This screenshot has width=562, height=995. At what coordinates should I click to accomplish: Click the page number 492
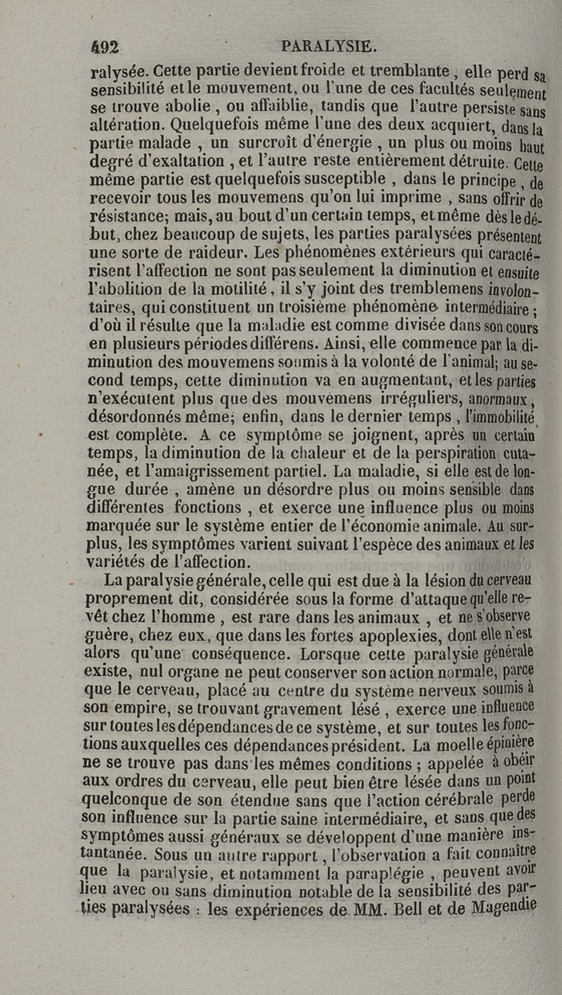click(x=107, y=47)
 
